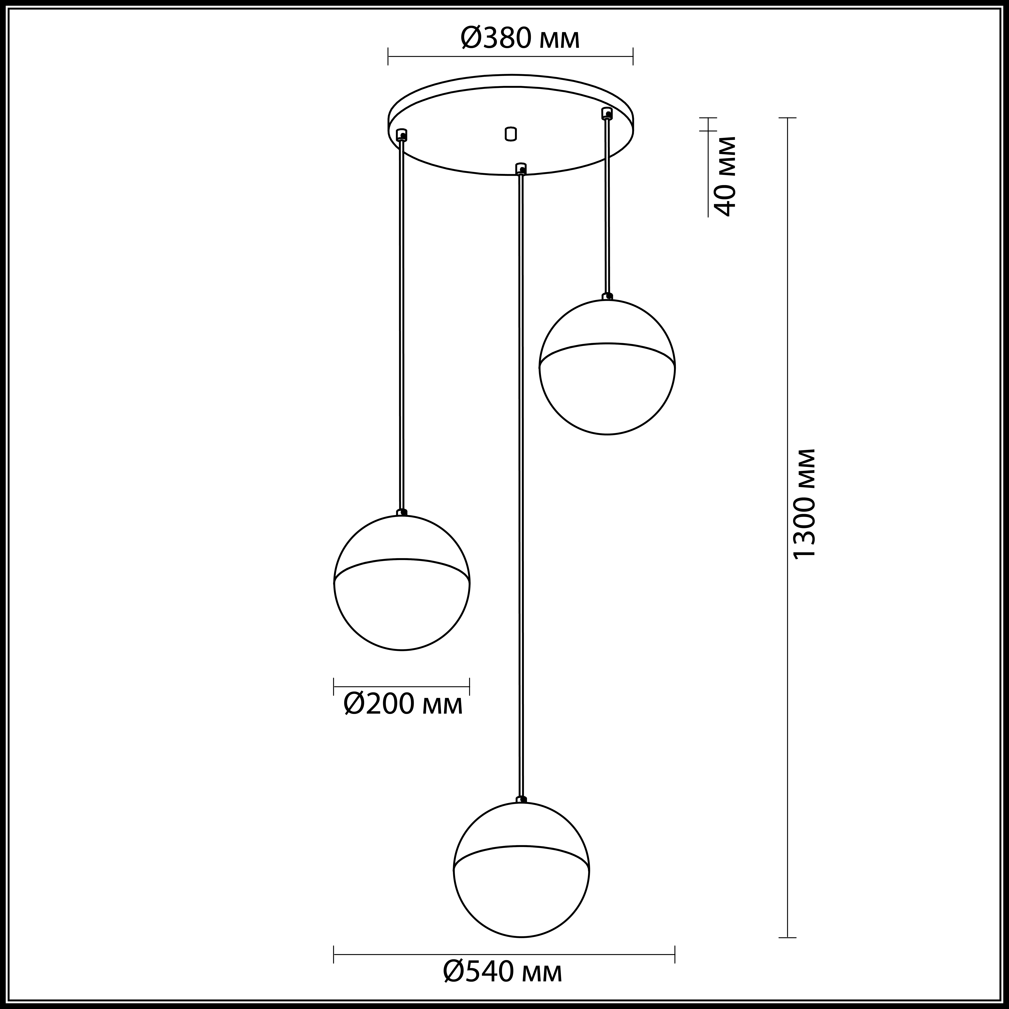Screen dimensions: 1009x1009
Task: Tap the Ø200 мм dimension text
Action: tap(403, 705)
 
